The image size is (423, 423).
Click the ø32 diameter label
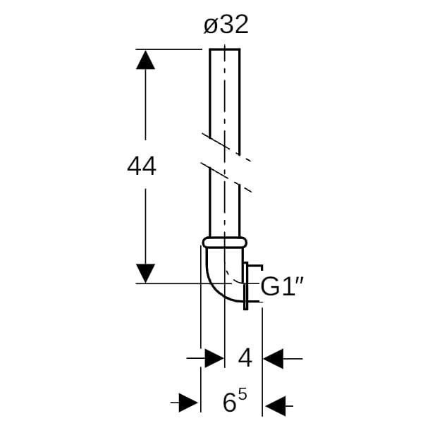226,25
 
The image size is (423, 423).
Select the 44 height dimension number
142,166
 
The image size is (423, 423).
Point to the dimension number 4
245,357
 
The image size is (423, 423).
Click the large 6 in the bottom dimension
230,403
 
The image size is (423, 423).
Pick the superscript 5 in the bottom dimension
243,396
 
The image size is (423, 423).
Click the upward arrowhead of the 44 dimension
145,60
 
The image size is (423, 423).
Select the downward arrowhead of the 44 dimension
145,274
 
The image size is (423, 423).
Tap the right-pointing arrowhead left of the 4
214,358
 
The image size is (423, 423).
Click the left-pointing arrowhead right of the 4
273,359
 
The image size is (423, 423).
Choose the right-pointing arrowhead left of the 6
188,403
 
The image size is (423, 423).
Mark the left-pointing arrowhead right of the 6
275,405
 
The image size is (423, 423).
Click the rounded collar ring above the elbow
225,243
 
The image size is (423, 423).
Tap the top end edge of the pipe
225,49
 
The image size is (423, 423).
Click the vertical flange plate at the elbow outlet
245,286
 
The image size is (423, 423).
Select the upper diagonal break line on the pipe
226,147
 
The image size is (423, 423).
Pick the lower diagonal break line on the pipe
226,178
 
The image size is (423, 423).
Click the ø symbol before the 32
211,27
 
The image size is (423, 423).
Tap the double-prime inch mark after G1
300,279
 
